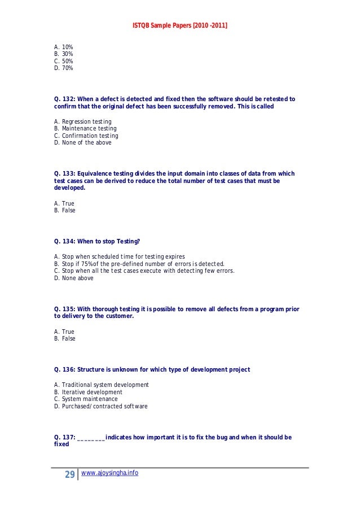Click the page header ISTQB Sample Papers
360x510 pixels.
(180, 26)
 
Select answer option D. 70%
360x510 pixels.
(64, 68)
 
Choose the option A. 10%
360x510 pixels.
(64, 47)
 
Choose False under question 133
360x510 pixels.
(64, 211)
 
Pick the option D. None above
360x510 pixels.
(74, 278)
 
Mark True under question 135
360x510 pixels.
(64, 332)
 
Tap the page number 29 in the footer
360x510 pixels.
(70, 474)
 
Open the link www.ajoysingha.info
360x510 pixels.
(109, 473)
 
